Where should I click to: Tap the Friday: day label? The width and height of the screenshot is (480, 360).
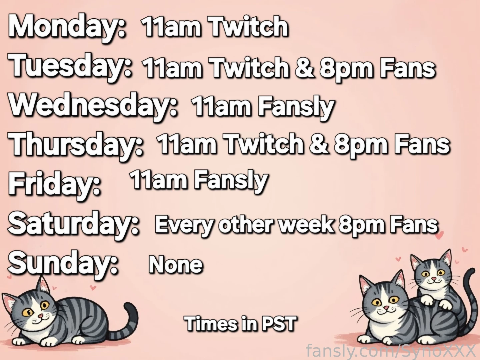pos(55,183)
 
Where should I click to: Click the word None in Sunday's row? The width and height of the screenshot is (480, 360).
pos(176,265)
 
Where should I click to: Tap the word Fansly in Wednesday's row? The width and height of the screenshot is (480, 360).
pos(296,107)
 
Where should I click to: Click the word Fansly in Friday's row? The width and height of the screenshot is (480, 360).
pos(231,180)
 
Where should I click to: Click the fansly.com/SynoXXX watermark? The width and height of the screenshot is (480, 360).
pos(392,351)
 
